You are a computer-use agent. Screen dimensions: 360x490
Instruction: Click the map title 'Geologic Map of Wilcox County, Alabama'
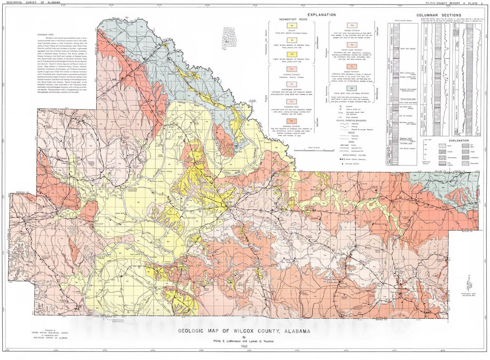(244, 331)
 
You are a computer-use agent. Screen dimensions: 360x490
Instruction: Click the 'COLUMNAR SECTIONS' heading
(436, 15)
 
